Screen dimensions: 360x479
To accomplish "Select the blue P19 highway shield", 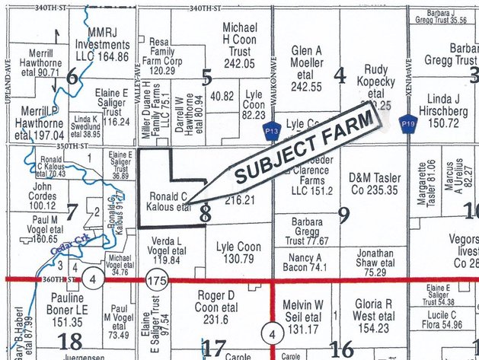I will tap(407, 122).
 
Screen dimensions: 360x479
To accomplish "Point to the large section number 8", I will tap(204, 215).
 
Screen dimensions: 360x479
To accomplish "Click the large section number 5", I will tap(205, 76).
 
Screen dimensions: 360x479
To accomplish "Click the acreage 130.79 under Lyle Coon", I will tap(232, 259).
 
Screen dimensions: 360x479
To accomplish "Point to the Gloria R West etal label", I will tap(373, 315).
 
